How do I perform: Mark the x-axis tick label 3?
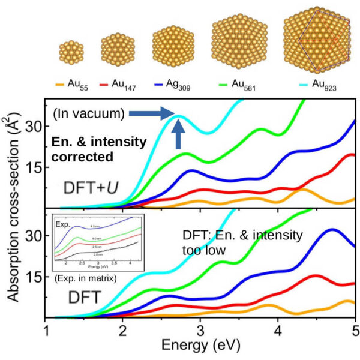(201, 331)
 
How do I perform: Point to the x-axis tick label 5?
(355, 331)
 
